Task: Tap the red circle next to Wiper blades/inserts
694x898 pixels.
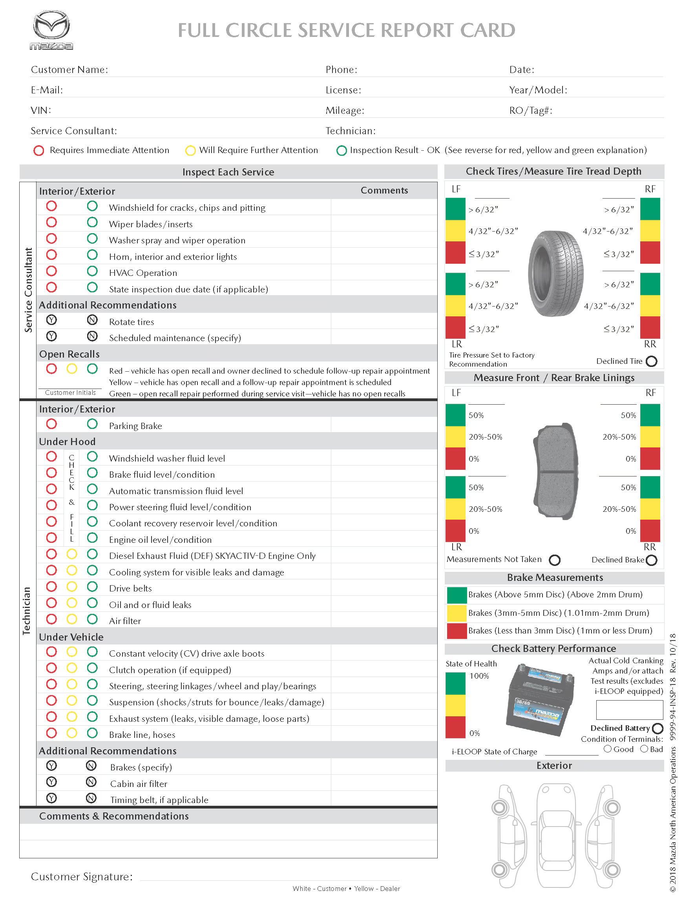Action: (51, 223)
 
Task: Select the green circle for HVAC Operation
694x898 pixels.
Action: (93, 271)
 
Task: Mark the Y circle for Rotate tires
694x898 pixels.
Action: (51, 320)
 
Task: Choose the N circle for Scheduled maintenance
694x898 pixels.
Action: (93, 336)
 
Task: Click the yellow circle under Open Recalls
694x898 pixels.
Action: (72, 369)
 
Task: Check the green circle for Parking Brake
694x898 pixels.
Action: (93, 424)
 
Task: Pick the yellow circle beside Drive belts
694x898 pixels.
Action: (72, 587)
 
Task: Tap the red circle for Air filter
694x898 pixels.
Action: (51, 619)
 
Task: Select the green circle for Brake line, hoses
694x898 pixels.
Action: (93, 733)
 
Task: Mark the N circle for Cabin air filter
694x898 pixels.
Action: (91, 782)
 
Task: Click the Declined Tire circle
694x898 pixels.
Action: (652, 361)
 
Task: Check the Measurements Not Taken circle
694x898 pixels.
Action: (555, 560)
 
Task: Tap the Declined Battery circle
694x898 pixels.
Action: (657, 728)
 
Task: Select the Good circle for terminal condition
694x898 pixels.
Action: (608, 749)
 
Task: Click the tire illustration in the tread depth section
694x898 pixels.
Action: (556, 274)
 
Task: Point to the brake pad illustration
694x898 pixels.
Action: (557, 471)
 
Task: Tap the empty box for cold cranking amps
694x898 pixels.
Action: (630, 710)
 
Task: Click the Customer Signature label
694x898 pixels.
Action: (82, 877)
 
